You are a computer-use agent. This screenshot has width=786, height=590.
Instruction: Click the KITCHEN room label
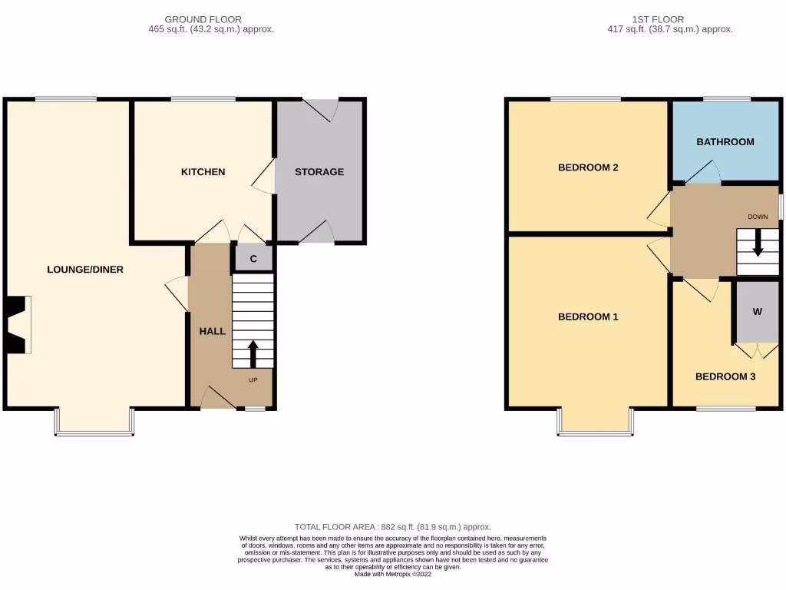click(x=203, y=172)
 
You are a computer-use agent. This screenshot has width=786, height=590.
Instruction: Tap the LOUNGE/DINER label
click(x=85, y=270)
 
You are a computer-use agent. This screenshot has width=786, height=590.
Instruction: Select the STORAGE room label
click(x=319, y=172)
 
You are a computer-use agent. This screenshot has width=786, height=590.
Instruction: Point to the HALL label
click(x=213, y=331)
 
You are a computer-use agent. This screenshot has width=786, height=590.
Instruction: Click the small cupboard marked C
click(x=253, y=259)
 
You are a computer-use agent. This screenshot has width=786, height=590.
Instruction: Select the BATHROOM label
click(x=725, y=142)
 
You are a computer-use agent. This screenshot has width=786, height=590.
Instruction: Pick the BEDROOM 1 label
click(x=588, y=317)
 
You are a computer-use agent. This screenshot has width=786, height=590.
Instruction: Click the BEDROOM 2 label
click(x=588, y=167)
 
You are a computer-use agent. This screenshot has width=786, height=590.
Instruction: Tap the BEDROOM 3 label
click(x=725, y=376)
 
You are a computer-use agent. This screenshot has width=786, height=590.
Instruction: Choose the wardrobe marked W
click(x=757, y=312)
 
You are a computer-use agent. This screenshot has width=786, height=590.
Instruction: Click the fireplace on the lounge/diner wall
click(x=17, y=326)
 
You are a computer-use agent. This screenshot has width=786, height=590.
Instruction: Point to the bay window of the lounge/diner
click(x=94, y=423)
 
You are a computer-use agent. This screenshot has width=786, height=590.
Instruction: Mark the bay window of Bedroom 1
click(x=596, y=423)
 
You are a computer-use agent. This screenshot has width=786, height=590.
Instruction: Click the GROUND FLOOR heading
click(x=203, y=19)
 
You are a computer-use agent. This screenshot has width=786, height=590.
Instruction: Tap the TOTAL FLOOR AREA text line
click(x=392, y=527)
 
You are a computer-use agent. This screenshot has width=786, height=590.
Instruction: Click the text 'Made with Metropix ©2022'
click(x=392, y=574)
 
